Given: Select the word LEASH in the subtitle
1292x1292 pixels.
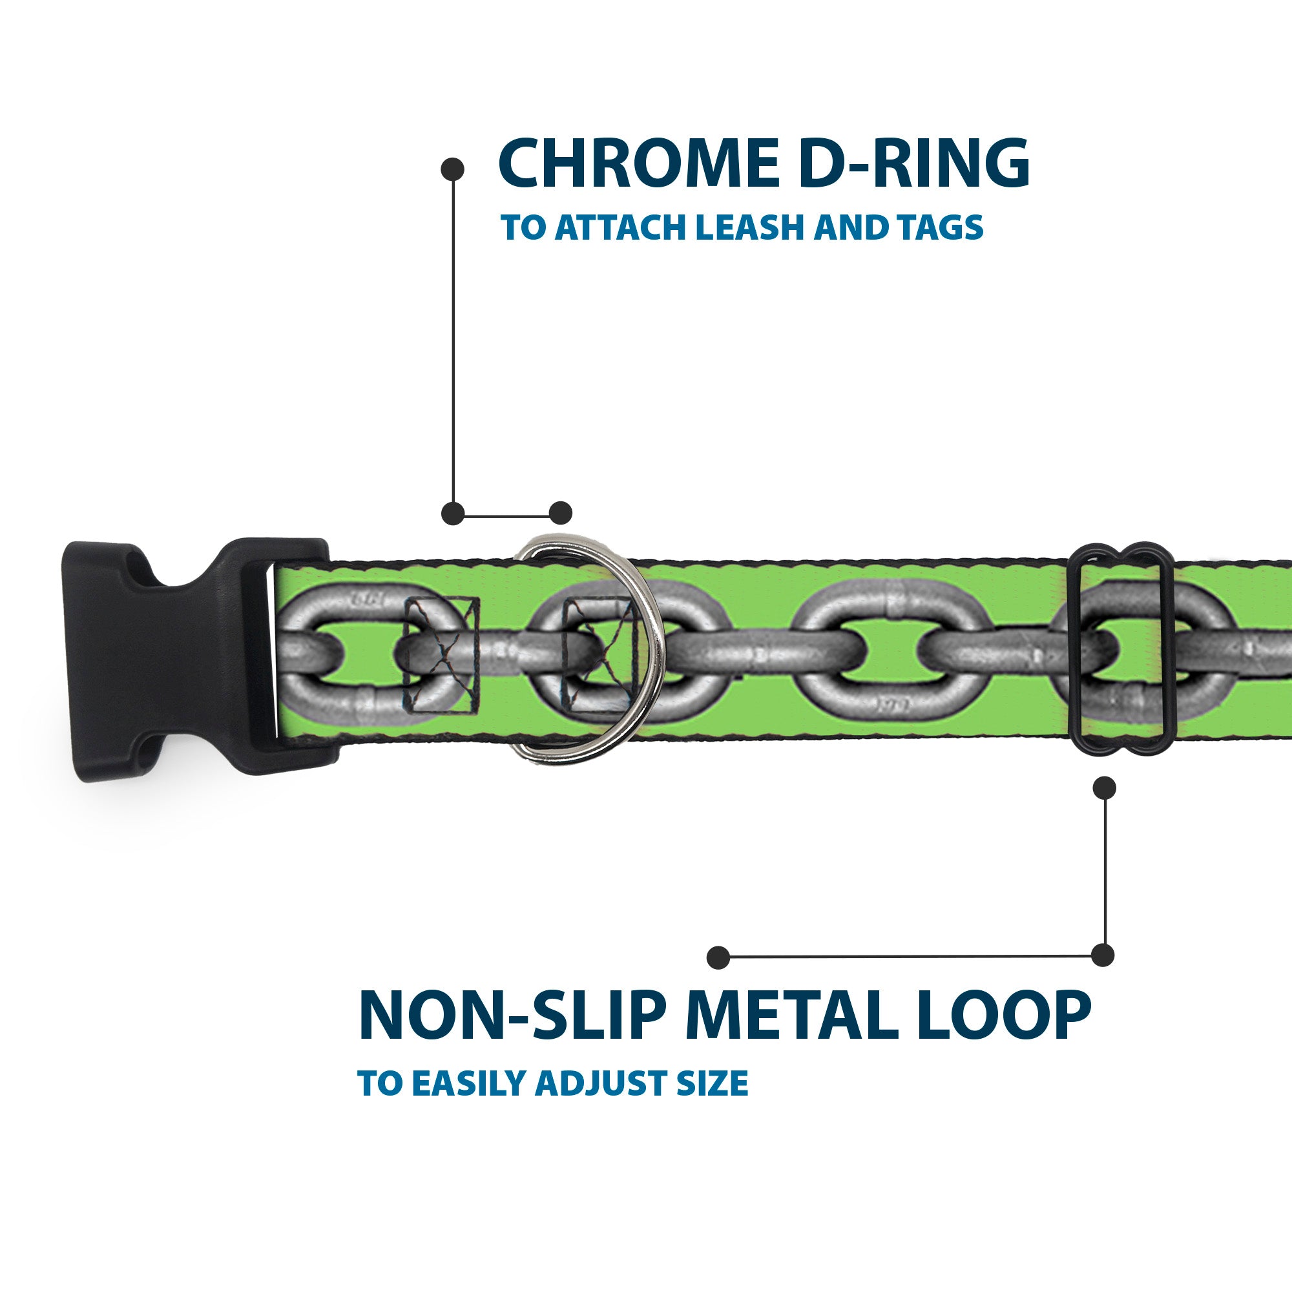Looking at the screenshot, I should pyautogui.click(x=751, y=228).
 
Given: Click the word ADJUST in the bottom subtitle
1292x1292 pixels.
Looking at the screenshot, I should pyautogui.click(x=601, y=1083).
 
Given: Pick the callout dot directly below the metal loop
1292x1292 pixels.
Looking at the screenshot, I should pyautogui.click(x=1103, y=787).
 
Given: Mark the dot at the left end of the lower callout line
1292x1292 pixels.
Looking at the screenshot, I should pyautogui.click(x=718, y=957).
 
